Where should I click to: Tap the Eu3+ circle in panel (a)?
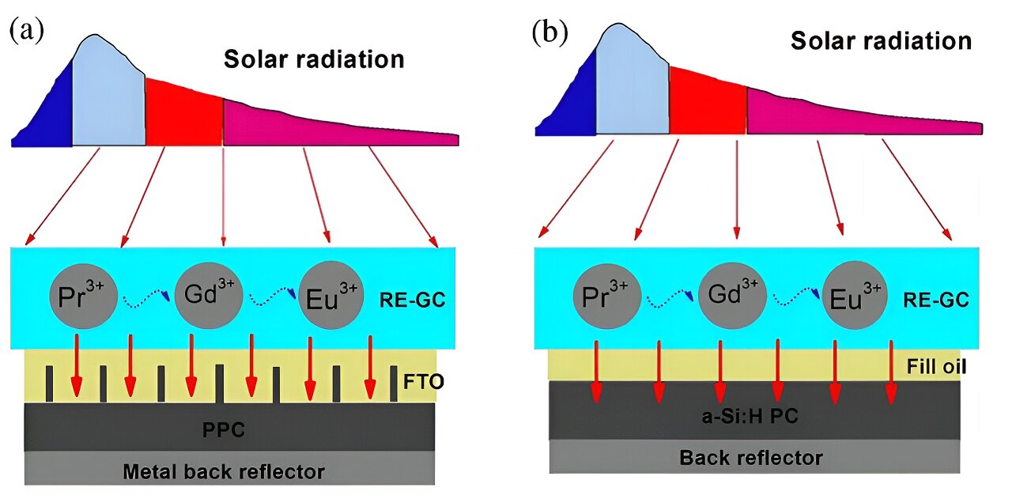[330, 296]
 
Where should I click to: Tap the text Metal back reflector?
[224, 472]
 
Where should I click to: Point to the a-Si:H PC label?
[756, 416]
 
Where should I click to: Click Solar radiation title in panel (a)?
[314, 59]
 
